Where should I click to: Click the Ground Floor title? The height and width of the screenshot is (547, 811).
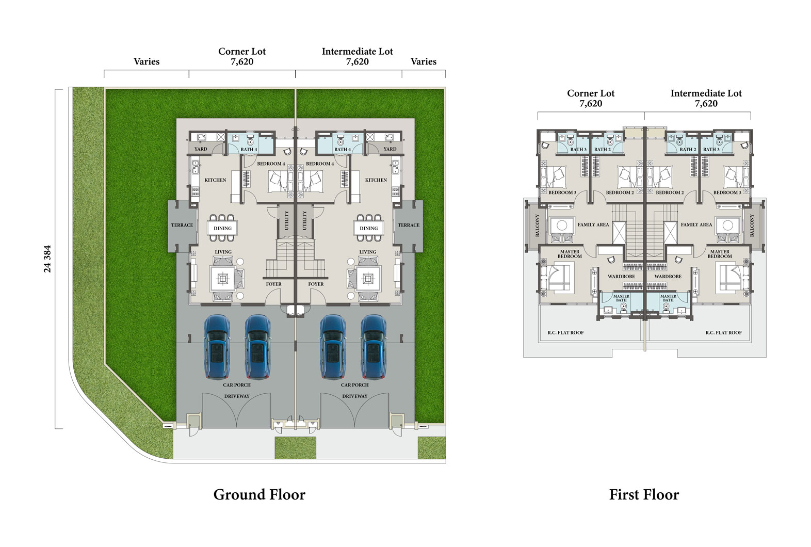tap(259, 494)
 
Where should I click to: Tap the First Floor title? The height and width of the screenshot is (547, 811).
tap(644, 494)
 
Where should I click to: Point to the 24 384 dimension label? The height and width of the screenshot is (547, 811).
tap(47, 259)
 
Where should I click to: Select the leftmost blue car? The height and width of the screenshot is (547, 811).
tap(217, 347)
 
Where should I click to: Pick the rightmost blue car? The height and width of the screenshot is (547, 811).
tap(374, 347)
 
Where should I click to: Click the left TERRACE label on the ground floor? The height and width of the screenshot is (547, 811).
tap(182, 225)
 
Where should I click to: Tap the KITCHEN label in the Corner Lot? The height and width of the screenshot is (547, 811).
tap(215, 180)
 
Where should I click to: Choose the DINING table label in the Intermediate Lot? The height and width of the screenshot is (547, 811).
tap(368, 228)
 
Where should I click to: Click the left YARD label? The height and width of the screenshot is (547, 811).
tap(201, 149)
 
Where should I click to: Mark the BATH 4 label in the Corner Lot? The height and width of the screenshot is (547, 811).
tap(249, 149)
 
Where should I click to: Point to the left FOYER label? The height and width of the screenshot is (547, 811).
tap(273, 284)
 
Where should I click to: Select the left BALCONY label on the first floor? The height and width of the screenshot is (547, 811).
tap(537, 226)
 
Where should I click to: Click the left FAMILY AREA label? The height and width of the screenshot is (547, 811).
tap(593, 224)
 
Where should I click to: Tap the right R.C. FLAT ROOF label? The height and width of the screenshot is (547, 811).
tap(723, 332)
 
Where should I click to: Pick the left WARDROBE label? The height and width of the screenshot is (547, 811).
tap(621, 277)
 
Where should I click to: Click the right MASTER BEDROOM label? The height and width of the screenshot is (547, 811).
tap(720, 254)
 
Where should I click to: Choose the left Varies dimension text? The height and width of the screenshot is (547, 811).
tap(147, 61)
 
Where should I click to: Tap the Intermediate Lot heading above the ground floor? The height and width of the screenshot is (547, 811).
tap(358, 52)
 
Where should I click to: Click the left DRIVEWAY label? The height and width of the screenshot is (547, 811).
tap(237, 396)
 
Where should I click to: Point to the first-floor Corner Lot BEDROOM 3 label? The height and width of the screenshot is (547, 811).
tap(562, 192)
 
